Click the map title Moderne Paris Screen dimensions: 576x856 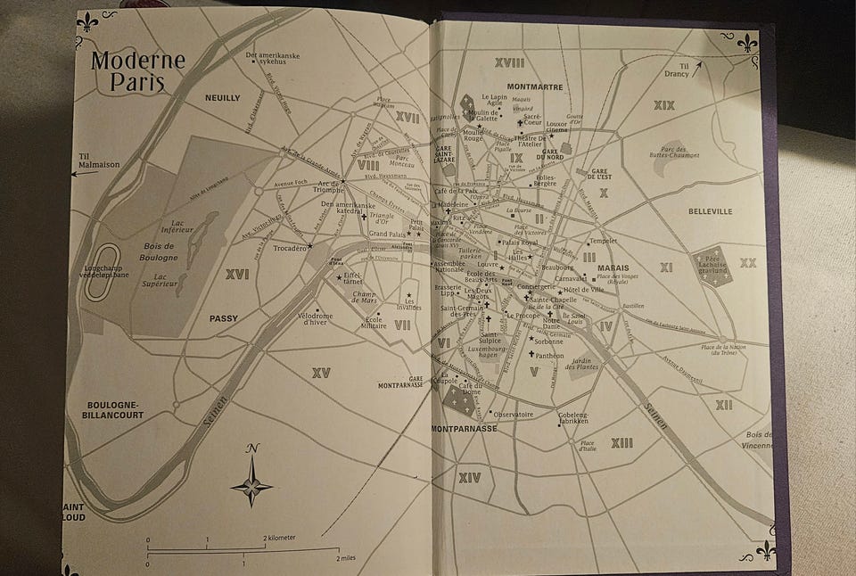point(137,71)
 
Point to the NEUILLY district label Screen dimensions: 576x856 point(223,98)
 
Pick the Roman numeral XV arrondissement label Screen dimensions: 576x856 point(321,373)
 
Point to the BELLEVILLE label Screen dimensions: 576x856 point(710,211)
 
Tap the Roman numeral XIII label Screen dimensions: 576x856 point(621,443)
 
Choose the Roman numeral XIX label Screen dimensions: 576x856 point(663,105)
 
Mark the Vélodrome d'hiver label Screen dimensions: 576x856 point(315,318)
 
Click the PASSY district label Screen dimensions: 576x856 point(224,318)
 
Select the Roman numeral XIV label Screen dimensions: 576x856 point(469,478)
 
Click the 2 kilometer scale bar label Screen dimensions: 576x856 point(279,538)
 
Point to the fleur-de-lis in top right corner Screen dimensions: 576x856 point(747,42)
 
